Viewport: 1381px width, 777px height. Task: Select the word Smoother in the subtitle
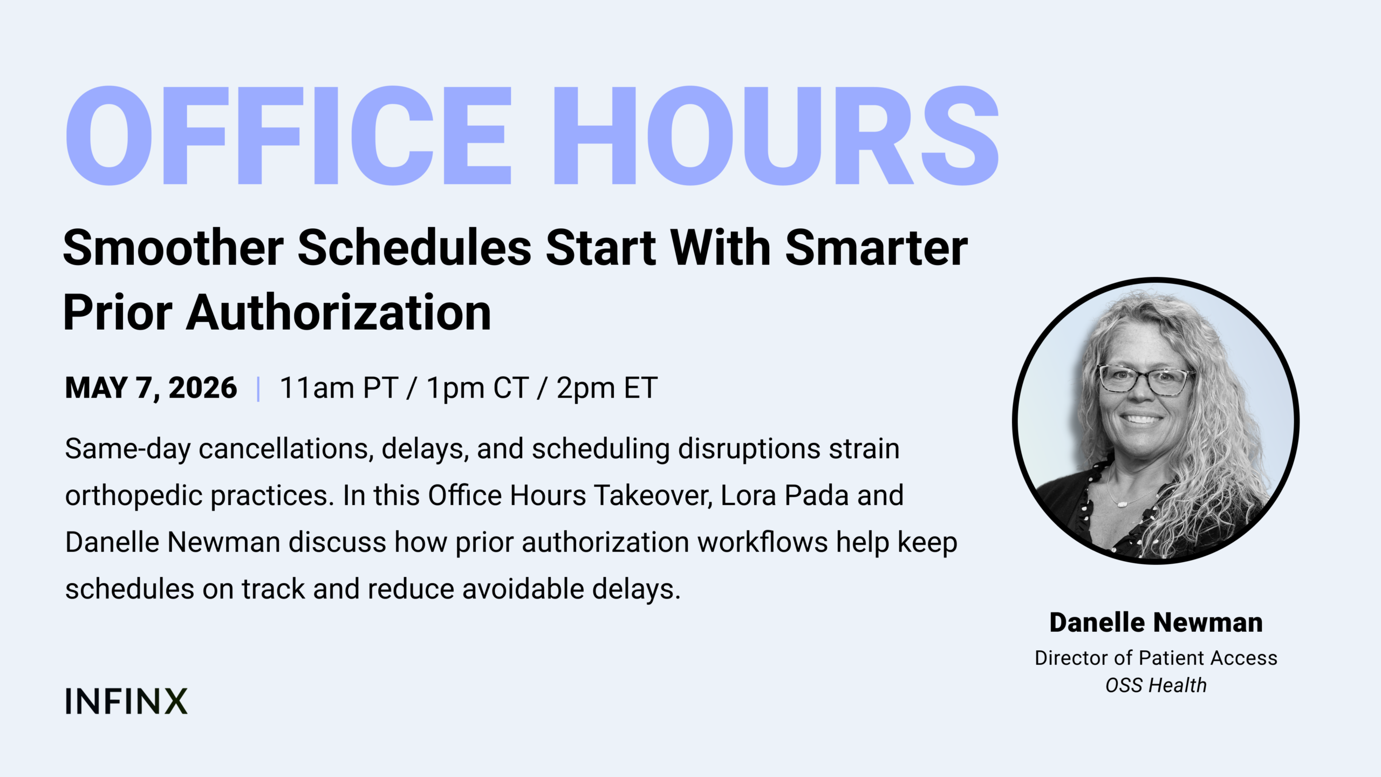174,248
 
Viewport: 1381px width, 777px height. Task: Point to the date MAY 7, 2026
151,388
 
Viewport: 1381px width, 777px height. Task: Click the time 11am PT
339,388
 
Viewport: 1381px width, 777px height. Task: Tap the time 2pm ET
607,388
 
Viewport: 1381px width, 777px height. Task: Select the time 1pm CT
477,388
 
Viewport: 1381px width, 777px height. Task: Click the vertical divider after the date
259,389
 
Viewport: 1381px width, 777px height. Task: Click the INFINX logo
126,701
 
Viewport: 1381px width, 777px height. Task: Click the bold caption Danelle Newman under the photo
1156,623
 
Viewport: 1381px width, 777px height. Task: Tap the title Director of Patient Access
1156,658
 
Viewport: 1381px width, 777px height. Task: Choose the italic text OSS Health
1156,685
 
